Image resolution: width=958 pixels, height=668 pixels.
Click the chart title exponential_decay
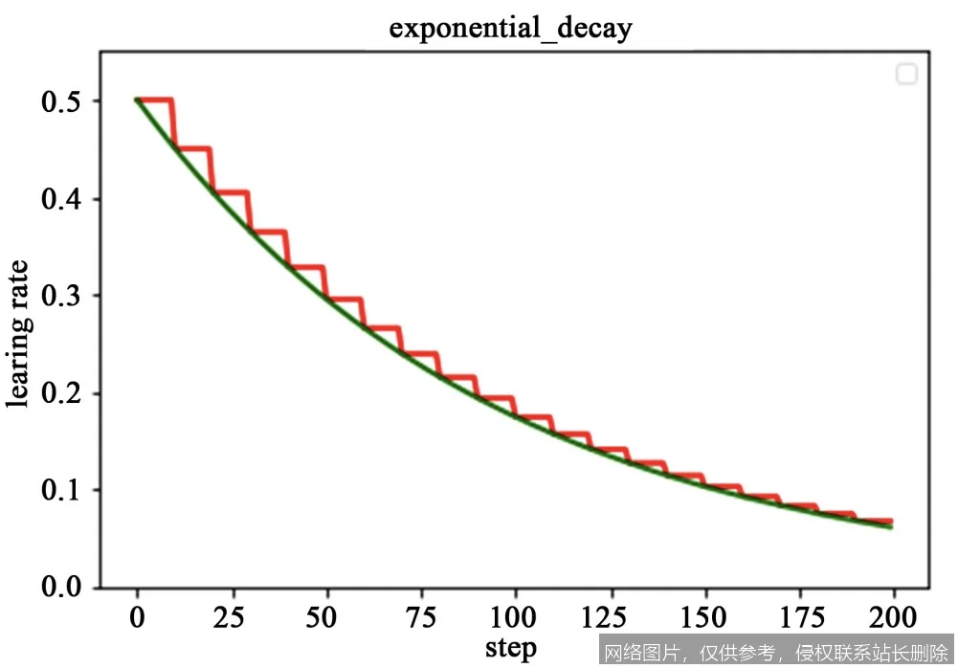(510, 28)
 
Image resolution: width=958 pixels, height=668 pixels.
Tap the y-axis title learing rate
(20, 334)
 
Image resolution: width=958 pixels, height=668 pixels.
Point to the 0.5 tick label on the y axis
(61, 101)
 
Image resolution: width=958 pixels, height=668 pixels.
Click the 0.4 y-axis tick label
(61, 199)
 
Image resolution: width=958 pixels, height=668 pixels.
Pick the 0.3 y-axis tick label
(61, 296)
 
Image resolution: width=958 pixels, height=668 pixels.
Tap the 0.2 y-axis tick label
(61, 393)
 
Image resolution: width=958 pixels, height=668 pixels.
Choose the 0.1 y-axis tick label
(61, 490)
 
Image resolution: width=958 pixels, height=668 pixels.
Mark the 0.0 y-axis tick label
(61, 587)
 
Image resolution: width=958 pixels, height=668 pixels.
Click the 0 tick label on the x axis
(138, 616)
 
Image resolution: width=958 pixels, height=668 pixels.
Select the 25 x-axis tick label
(232, 616)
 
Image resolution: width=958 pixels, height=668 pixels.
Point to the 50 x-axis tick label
(326, 616)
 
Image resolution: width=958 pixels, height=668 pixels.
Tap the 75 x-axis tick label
(421, 616)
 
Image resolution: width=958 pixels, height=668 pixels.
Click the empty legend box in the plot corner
(906, 74)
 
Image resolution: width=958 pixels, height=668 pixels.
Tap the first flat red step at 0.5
(155, 100)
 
